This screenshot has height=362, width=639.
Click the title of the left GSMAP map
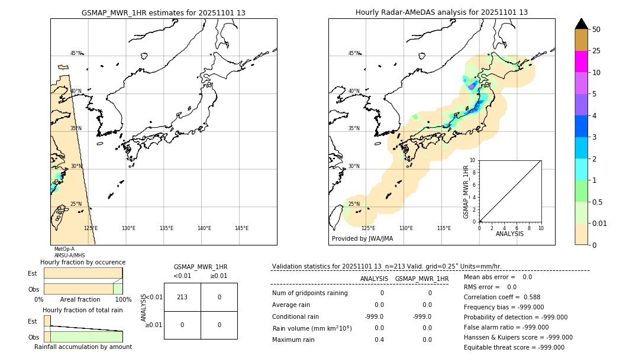click(x=163, y=12)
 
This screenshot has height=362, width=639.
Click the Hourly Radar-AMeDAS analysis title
click(x=441, y=12)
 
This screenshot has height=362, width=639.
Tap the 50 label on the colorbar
click(x=596, y=30)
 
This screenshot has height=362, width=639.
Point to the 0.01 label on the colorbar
click(x=600, y=223)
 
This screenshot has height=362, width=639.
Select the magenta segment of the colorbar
click(x=581, y=62)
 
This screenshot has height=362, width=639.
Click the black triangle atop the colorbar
click(x=581, y=24)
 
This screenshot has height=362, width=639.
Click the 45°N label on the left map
click(x=76, y=53)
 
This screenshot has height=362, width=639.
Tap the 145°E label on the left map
click(x=241, y=228)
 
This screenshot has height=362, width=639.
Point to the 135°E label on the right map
click(x=444, y=228)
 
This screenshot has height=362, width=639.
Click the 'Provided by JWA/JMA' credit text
click(x=362, y=239)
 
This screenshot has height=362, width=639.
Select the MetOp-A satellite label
click(x=64, y=250)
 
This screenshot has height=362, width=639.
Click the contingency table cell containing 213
click(x=182, y=297)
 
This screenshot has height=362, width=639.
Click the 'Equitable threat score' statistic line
click(x=514, y=347)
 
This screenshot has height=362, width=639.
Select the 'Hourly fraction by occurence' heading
click(x=83, y=262)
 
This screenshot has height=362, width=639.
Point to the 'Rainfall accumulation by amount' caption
click(x=83, y=347)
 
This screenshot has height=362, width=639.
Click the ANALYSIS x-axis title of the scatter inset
click(x=509, y=234)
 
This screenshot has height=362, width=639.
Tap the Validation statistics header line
click(x=386, y=266)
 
